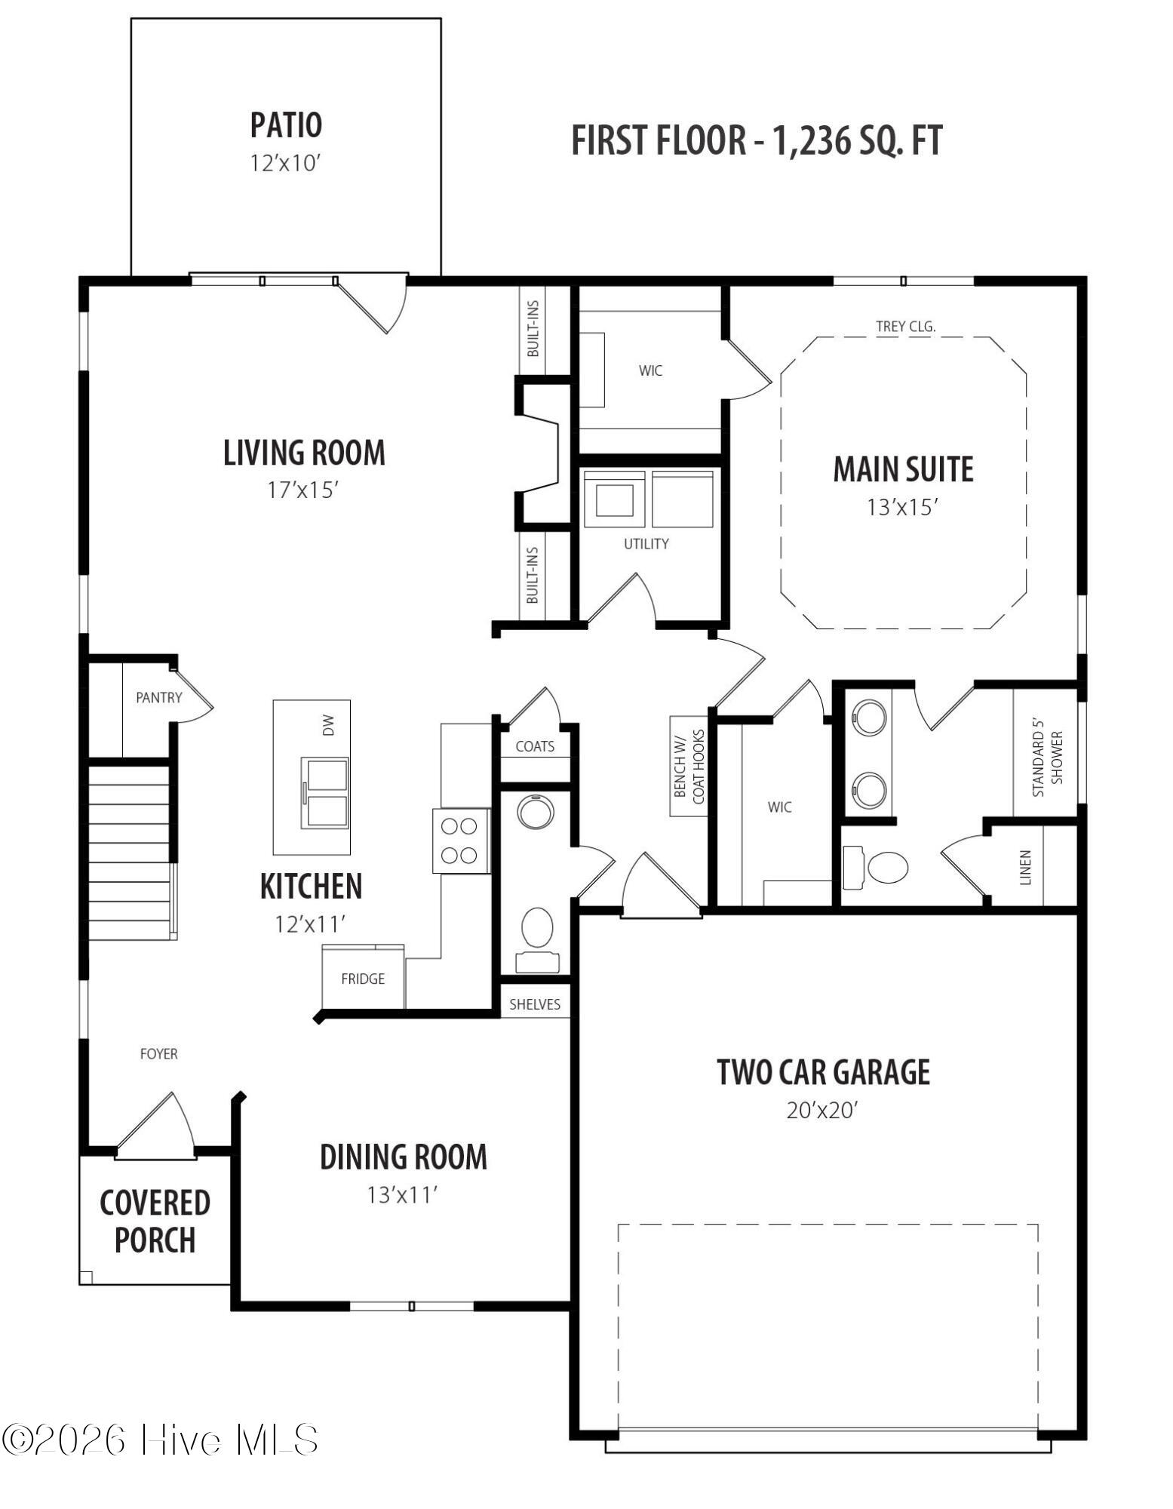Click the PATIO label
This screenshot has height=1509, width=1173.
(x=286, y=125)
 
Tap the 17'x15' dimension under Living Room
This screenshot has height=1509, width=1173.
(x=301, y=490)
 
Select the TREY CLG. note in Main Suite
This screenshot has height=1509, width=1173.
(x=905, y=327)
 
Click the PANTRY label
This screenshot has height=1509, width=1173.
(x=158, y=697)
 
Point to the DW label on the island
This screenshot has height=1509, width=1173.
(x=327, y=726)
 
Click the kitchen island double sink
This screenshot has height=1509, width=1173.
(x=325, y=793)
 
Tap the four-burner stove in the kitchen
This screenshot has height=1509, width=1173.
(x=460, y=841)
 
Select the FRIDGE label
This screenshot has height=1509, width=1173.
(x=363, y=979)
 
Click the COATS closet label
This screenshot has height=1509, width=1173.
(x=535, y=746)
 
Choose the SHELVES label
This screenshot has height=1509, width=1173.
(x=535, y=1004)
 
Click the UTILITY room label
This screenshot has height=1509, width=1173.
(x=646, y=543)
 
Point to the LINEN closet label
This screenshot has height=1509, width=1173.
(x=1025, y=868)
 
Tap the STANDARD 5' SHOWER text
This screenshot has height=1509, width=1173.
(x=1048, y=764)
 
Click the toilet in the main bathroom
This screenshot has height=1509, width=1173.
(x=876, y=867)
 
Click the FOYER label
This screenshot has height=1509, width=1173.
(x=158, y=1054)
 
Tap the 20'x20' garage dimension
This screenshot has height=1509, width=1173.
(x=822, y=1111)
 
